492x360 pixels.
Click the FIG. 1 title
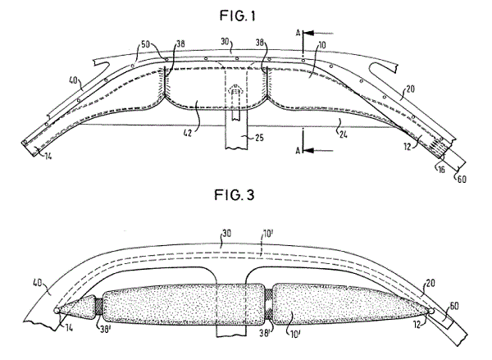[238, 16]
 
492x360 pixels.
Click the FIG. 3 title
[235, 195]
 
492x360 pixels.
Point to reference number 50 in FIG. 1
[145, 44]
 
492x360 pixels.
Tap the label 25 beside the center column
[259, 138]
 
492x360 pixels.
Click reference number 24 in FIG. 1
[343, 134]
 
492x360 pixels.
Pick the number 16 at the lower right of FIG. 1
[441, 170]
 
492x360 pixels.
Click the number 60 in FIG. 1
[461, 180]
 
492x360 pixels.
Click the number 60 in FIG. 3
[454, 306]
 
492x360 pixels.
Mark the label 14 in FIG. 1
[48, 156]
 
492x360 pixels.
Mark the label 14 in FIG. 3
[69, 328]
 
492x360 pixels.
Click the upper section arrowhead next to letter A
[309, 33]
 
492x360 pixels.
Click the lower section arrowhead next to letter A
[309, 151]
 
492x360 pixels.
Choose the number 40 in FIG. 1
[73, 80]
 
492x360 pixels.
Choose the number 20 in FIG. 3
[430, 283]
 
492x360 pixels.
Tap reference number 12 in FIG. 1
[408, 146]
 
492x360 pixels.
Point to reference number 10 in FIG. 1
[322, 45]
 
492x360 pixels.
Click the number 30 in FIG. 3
[227, 234]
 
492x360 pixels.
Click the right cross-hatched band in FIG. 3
[269, 303]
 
